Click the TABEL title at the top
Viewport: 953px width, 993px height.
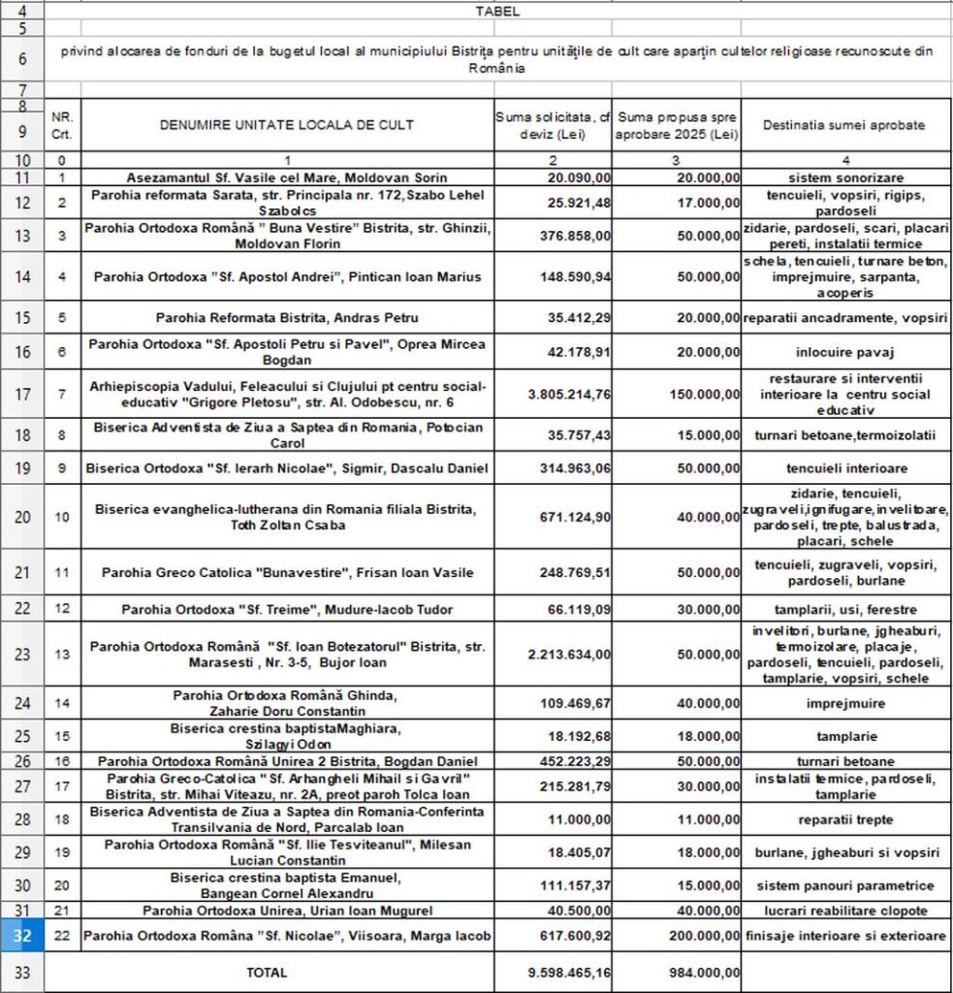point(497,12)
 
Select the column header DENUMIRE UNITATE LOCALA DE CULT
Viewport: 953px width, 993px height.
point(287,125)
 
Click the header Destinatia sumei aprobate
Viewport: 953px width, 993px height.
point(843,125)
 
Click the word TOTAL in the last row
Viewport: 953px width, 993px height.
point(267,971)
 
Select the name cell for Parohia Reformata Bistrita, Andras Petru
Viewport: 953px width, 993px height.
point(287,317)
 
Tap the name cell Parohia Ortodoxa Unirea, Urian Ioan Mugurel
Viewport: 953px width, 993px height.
point(287,911)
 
